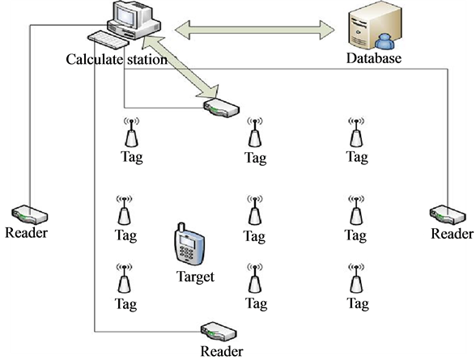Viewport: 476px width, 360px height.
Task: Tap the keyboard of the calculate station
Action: click(x=108, y=40)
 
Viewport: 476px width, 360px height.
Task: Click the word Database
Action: click(x=374, y=58)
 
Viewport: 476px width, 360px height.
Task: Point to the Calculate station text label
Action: click(x=117, y=59)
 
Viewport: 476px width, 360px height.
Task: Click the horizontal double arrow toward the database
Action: click(x=255, y=30)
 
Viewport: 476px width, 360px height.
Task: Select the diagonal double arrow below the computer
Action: click(x=182, y=66)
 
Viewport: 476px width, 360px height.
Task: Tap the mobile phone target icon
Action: click(x=189, y=244)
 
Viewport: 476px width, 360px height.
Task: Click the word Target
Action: click(x=195, y=277)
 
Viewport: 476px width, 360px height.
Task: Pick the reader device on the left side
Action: click(x=29, y=214)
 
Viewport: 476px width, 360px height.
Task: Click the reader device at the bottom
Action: click(x=219, y=332)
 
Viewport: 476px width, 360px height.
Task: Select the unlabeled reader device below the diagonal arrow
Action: click(x=222, y=108)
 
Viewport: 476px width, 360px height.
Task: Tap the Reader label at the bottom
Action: click(x=222, y=351)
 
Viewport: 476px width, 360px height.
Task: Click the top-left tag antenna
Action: click(x=131, y=132)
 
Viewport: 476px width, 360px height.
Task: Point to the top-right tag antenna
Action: click(x=356, y=132)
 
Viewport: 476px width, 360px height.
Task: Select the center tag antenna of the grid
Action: click(x=255, y=210)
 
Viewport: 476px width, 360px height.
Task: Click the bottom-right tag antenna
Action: click(x=356, y=277)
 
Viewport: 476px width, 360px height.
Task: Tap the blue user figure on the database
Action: click(x=385, y=41)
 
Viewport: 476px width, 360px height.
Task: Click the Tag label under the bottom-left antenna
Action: click(x=125, y=304)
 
